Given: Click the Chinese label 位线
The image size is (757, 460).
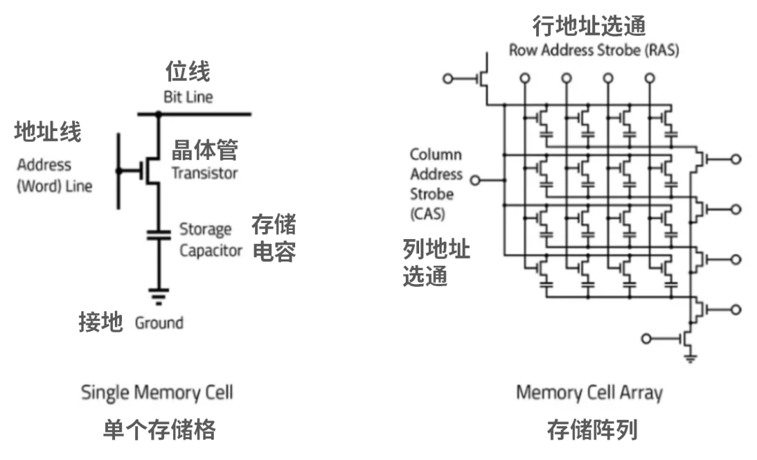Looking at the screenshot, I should coord(187,72).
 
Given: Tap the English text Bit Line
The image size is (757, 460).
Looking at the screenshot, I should coord(188,97).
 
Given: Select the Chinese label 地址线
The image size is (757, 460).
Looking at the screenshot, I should coord(47,131).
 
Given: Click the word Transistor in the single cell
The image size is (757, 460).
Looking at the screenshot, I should coord(205,173).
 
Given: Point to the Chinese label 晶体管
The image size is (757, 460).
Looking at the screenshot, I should coord(205,149).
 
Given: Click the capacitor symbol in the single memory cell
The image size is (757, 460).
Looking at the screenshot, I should coord(157,234).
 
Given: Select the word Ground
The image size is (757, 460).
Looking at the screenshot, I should coord(159,323).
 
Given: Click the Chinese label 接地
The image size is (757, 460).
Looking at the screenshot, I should coord(100,322).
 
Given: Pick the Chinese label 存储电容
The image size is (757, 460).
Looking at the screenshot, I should coord(273,238).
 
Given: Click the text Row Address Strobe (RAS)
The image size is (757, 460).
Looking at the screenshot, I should coord(593,50).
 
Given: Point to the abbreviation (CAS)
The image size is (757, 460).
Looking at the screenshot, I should coord(427,214).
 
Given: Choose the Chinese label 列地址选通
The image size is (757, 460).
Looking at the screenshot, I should coord(436,262).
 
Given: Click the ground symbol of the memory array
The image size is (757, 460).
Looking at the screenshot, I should coord(691,358).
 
